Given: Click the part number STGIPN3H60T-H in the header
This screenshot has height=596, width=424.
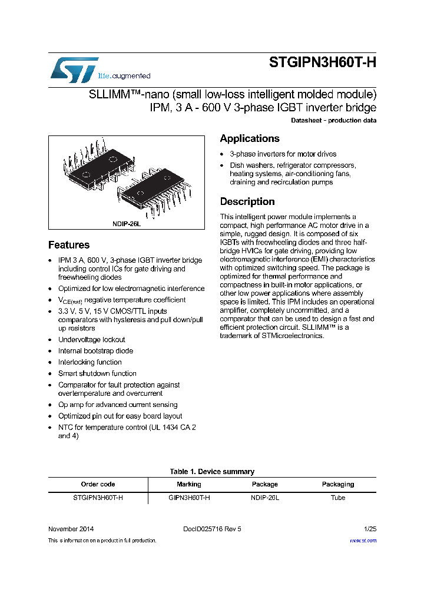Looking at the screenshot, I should click(322, 64).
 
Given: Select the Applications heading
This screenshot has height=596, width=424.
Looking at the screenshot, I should click(249, 138).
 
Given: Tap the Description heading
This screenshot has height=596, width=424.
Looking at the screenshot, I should click(247, 201).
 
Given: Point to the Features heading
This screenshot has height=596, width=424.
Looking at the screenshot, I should click(69, 245).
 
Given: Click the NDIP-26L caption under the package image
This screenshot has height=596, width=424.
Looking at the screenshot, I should click(127, 224).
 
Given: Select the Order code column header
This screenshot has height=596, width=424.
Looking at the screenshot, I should click(98, 484).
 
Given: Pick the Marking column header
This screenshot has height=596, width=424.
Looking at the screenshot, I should click(188, 484).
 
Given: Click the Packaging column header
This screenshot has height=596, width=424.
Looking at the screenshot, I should click(337, 484).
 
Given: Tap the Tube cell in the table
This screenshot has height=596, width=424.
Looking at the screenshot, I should click(337, 498).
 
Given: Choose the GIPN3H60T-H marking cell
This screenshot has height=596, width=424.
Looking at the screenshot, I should click(188, 498).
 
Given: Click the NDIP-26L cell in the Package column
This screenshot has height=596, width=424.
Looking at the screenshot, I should click(264, 498).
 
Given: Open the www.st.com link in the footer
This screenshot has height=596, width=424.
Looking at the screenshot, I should click(363, 540).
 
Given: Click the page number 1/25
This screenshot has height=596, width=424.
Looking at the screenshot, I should click(370, 529).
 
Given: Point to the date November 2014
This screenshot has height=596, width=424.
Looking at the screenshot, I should click(71, 529).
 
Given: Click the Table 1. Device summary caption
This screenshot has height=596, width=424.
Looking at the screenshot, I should click(212, 472).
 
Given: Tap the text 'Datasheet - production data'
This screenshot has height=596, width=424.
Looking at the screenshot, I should click(333, 120).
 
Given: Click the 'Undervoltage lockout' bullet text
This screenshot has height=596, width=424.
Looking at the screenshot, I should click(91, 340).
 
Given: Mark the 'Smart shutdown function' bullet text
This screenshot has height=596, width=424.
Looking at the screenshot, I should click(97, 373).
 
